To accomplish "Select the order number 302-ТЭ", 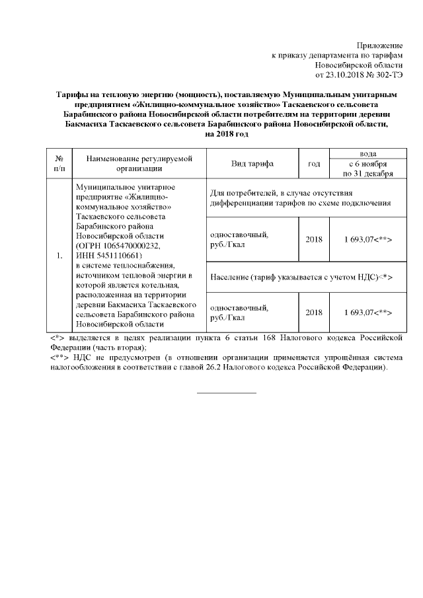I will point(387,76).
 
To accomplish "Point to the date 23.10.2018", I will point(348,76).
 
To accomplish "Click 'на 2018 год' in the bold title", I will point(227,134).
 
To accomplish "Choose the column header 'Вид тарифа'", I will point(252,163).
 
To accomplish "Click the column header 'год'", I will point(314,163).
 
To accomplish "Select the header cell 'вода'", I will point(367,153).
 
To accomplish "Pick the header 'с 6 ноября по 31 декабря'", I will point(367,168).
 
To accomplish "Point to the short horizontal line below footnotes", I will point(227,394).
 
